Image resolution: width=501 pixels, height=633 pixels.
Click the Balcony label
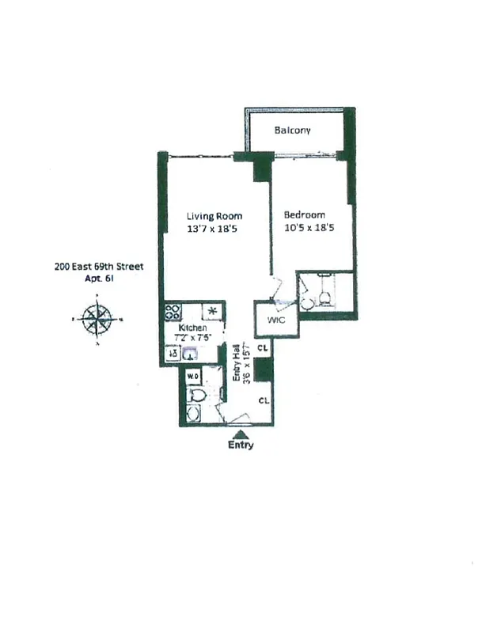click(x=292, y=131)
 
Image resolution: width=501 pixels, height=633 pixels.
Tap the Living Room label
click(x=214, y=216)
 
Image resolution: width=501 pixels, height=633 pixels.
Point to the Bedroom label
click(x=305, y=215)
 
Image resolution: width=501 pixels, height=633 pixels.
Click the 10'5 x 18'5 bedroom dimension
click(x=305, y=228)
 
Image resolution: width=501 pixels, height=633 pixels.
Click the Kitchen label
click(x=192, y=328)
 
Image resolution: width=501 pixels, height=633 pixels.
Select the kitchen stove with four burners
click(x=173, y=311)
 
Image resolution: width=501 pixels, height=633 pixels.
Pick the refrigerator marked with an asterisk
click(x=212, y=310)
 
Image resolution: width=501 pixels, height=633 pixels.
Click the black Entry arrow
click(x=242, y=433)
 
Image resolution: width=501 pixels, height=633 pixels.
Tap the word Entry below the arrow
click(x=241, y=445)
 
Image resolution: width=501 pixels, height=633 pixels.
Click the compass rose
click(x=96, y=320)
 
